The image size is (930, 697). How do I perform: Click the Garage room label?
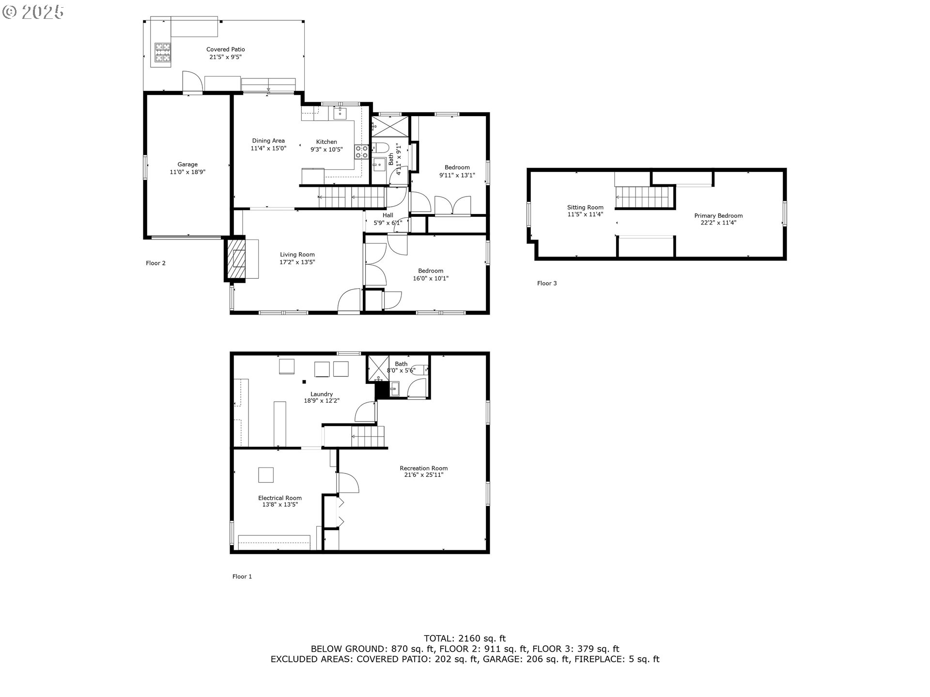pos(187,168)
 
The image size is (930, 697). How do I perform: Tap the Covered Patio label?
pos(225,53)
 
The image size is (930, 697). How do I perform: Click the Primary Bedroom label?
pos(718,219)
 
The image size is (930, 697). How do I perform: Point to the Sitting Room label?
pos(585,211)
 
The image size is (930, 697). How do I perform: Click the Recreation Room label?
pos(424,471)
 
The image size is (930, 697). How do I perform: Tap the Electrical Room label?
pos(280,501)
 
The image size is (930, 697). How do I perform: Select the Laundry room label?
pos(322,397)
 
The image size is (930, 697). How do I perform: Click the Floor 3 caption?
pos(547,283)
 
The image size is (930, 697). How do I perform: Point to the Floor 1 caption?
pos(242,576)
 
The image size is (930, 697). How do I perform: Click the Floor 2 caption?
pos(155,263)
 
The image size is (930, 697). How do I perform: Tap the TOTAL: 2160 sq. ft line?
pos(465,638)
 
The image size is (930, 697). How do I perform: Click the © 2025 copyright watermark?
pos(33,12)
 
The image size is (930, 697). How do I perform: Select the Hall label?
pos(388,215)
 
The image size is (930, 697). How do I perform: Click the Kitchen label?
pos(326,142)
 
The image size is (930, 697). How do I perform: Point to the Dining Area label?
pos(268,141)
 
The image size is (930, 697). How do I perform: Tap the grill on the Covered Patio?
pos(163,52)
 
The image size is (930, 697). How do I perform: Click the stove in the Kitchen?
pos(361,152)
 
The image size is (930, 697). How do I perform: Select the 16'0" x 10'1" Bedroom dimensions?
pos(431,278)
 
